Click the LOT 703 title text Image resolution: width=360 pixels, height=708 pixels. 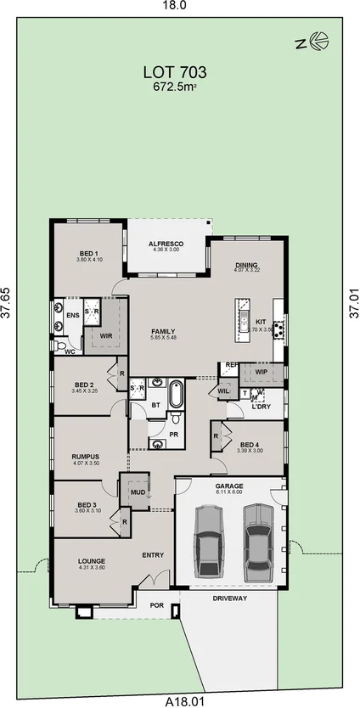click(175, 73)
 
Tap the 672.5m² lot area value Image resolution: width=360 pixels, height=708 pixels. click(175, 87)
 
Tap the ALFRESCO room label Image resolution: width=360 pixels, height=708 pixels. click(166, 244)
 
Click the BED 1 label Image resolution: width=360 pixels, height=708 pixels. click(89, 254)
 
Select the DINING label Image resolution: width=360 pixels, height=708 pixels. click(246, 266)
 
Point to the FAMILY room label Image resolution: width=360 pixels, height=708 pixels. click(163, 331)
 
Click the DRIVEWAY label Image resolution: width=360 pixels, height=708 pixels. click(229, 598)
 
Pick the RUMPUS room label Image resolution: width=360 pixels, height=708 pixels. click(86, 457)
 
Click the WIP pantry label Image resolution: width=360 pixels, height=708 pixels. click(260, 371)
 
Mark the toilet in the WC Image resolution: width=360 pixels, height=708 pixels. click(61, 347)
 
